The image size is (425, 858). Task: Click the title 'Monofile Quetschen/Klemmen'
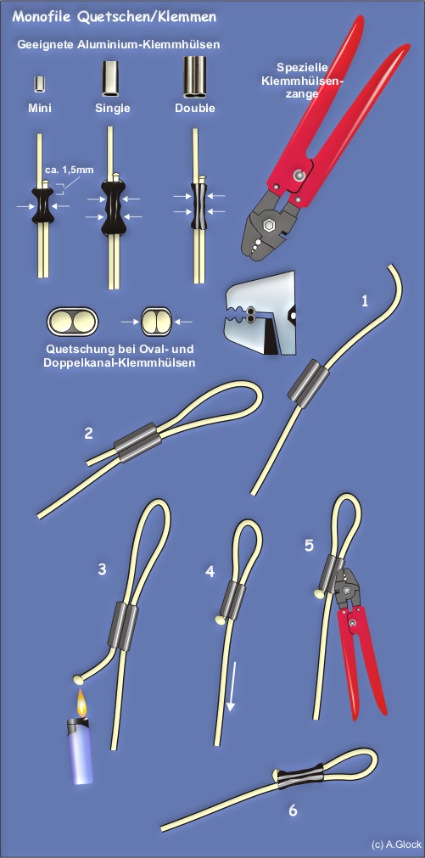[x=115, y=17]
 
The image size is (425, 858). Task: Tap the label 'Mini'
[x=40, y=108]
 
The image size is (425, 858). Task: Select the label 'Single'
[x=113, y=108]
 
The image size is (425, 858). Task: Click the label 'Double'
[x=195, y=108]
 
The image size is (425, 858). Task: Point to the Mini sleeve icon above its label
[x=39, y=85]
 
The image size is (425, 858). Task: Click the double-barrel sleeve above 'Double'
[x=195, y=77]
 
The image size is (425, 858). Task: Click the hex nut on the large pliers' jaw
[x=270, y=226]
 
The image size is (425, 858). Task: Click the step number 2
[x=88, y=434]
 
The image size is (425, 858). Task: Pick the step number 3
[x=102, y=569]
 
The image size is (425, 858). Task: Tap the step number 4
[x=210, y=572]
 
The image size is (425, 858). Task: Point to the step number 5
[x=310, y=546]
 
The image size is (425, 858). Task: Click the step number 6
[x=293, y=810]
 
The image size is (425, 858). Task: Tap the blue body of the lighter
[x=80, y=756]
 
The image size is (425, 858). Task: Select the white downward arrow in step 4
[x=232, y=687]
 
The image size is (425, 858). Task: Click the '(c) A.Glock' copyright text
[x=396, y=844]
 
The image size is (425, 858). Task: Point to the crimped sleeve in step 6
[x=301, y=776]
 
